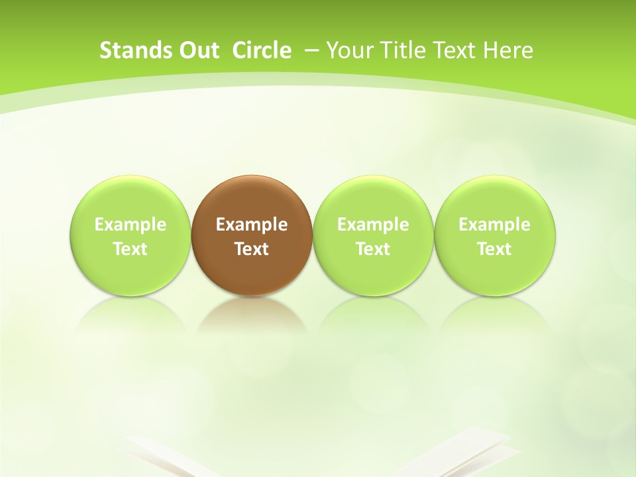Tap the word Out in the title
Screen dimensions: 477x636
pos(195,50)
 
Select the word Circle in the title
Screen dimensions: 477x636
pos(262,50)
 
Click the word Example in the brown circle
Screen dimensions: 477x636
pos(252,225)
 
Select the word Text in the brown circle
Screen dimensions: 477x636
pos(252,249)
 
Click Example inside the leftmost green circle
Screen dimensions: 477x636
pos(131,225)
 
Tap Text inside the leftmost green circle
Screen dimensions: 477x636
pos(131,249)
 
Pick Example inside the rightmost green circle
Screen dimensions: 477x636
pos(495,225)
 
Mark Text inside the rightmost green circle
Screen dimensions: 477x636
pos(495,249)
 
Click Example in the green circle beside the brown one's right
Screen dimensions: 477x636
pos(373,225)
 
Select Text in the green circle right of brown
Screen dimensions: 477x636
pos(373,249)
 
